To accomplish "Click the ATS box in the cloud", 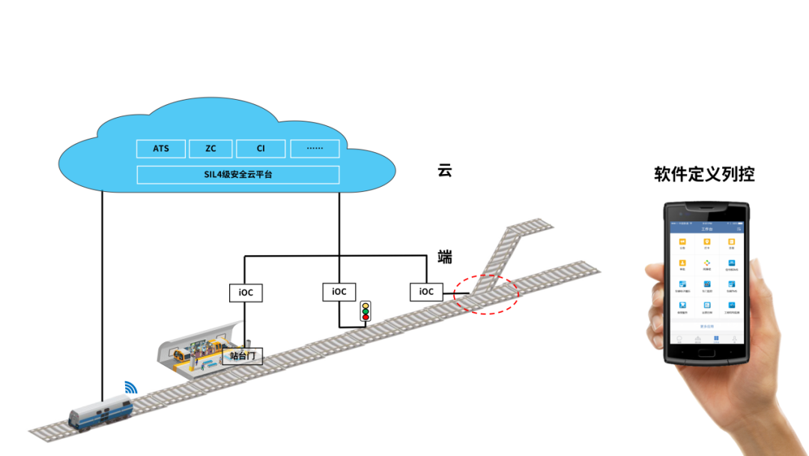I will click(161, 148).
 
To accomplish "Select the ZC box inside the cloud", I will click(210, 148).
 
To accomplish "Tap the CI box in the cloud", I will click(261, 148).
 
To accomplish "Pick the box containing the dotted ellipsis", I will click(315, 148).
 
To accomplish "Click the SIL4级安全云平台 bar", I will click(238, 175).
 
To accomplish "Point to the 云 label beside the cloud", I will click(445, 170).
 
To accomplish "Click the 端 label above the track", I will click(445, 257).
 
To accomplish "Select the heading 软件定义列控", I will click(704, 175).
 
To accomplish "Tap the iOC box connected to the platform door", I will click(246, 292).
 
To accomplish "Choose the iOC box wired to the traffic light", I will click(339, 292).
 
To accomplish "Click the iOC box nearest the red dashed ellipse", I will click(426, 292).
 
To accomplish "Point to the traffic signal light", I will click(366, 310).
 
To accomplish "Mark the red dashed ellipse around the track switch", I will click(485, 293).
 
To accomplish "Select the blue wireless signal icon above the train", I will click(131, 388).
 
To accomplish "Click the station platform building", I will click(196, 350).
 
